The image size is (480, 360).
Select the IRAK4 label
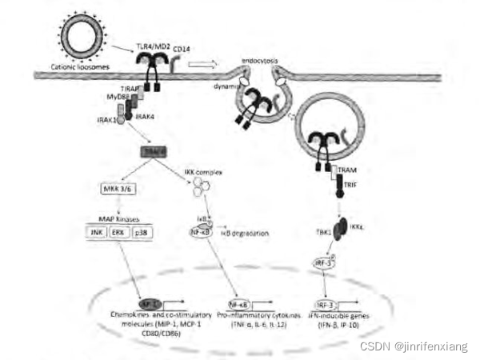(x=145, y=117)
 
